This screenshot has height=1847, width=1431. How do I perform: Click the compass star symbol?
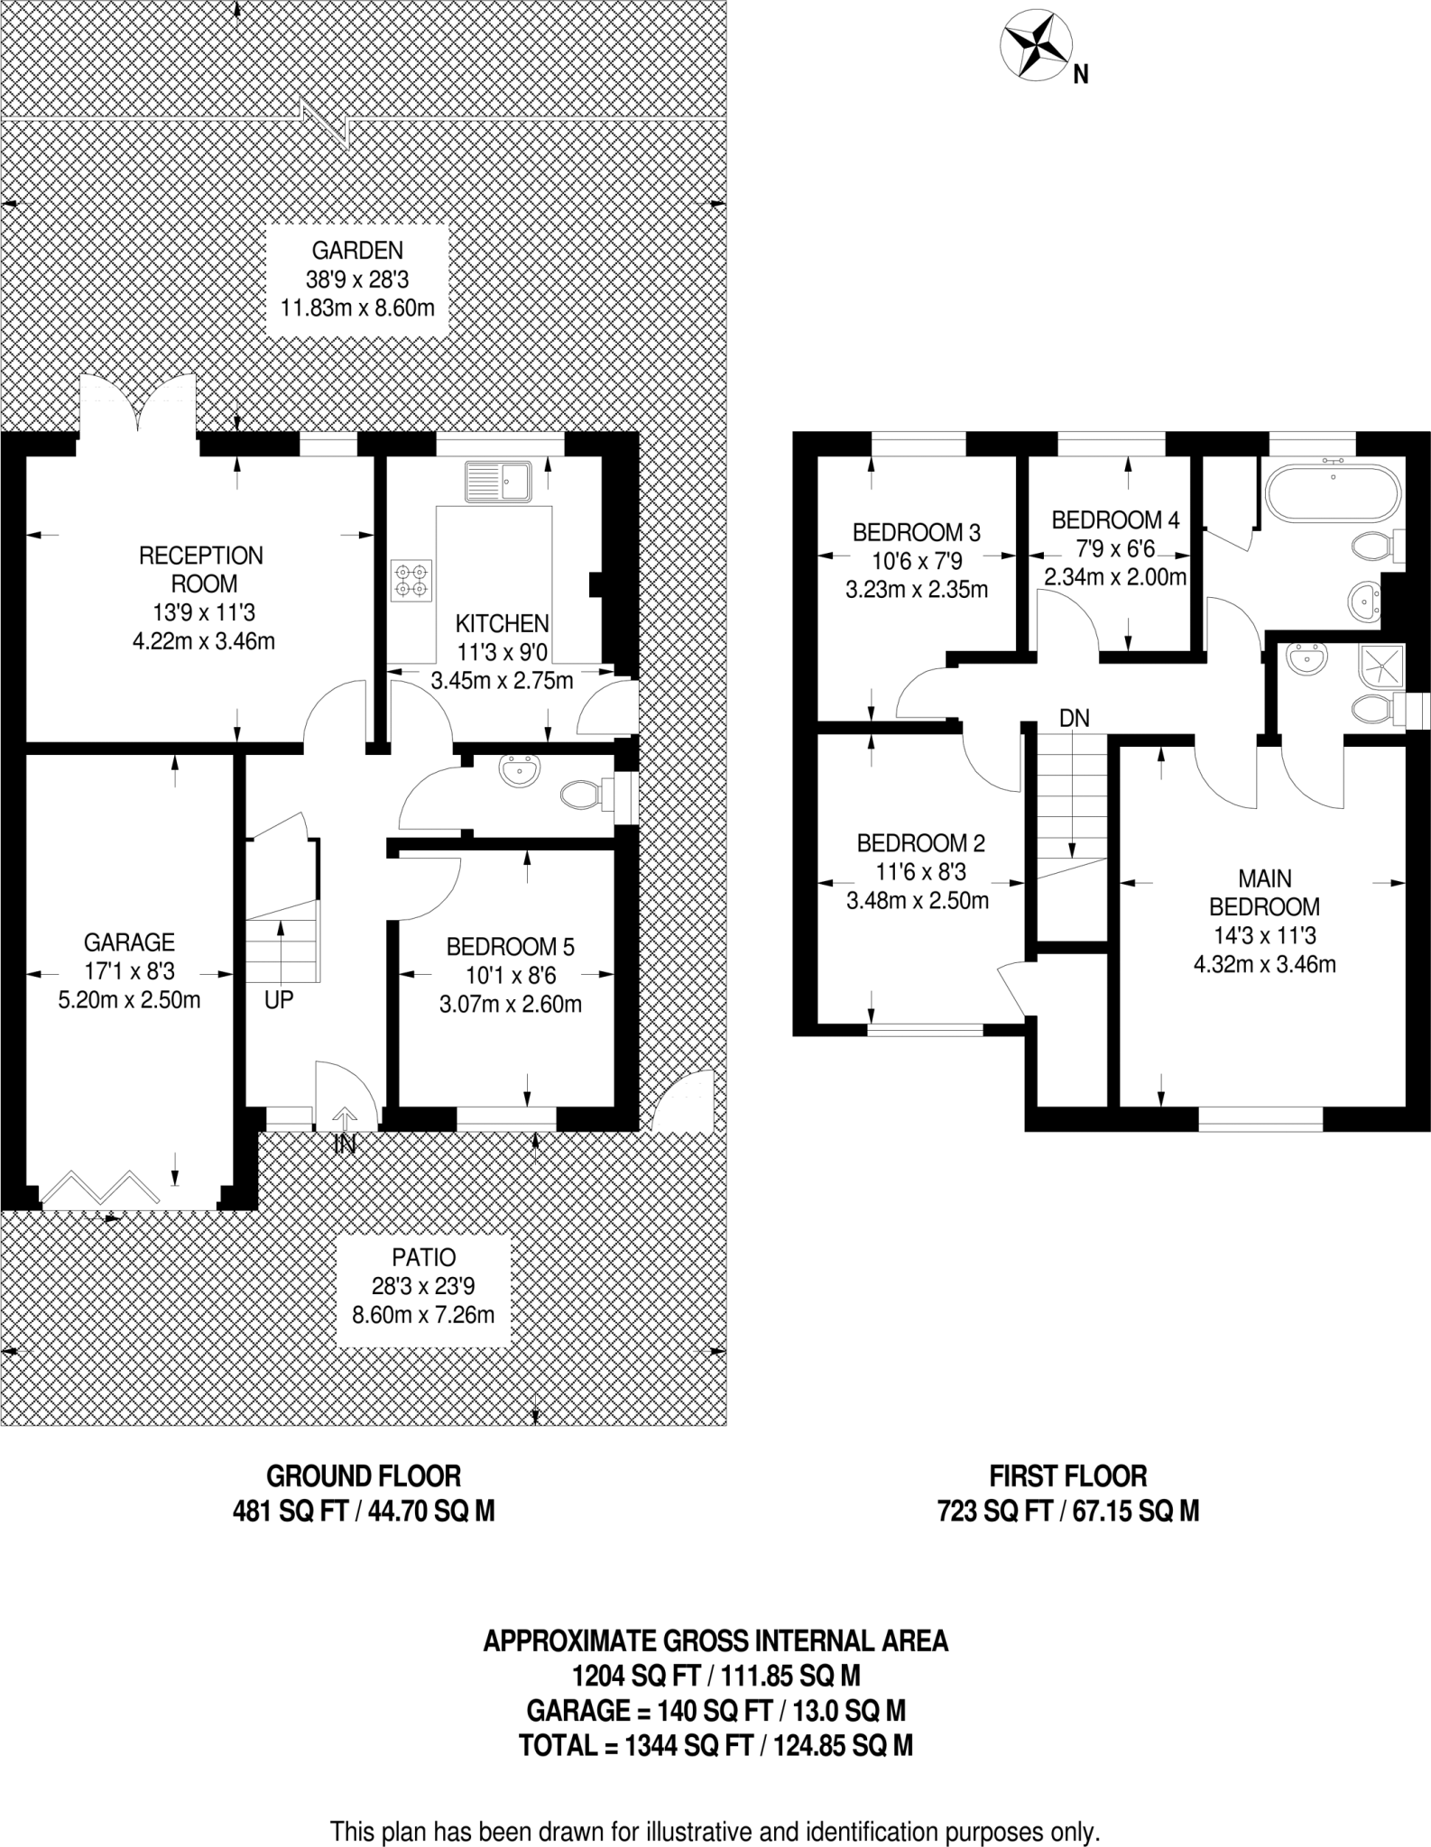click(x=1037, y=44)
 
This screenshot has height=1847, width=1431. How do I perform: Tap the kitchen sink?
click(x=499, y=481)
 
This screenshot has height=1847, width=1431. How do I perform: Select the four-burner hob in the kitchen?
click(x=411, y=581)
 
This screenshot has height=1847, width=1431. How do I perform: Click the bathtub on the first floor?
click(x=1334, y=492)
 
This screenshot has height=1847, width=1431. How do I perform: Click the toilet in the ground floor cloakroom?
click(x=582, y=795)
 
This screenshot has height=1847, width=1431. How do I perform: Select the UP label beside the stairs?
click(x=279, y=999)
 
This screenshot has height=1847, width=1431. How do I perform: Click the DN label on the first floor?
click(x=1074, y=718)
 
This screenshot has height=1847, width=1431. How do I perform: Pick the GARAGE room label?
click(x=129, y=942)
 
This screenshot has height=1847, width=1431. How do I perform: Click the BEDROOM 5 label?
click(x=510, y=947)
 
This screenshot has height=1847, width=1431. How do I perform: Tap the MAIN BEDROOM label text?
click(x=1264, y=892)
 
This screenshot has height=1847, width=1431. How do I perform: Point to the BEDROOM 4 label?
click(x=1115, y=520)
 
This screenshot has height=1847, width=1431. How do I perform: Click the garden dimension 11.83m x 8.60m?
click(x=357, y=308)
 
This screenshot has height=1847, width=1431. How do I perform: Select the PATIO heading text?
click(x=423, y=1257)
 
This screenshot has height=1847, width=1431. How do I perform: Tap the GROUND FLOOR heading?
click(x=364, y=1476)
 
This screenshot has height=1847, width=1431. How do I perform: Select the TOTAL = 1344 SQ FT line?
click(x=715, y=1745)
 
